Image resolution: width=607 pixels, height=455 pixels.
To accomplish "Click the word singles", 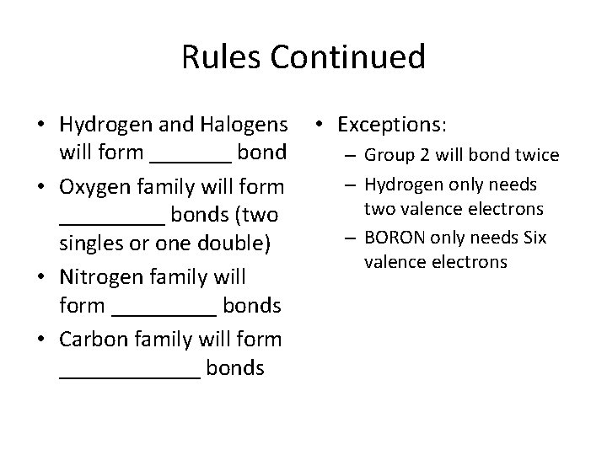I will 92,245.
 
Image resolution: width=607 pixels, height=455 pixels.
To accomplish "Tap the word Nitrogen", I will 99,276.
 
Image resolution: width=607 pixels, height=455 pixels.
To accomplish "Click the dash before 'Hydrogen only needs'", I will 346,185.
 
